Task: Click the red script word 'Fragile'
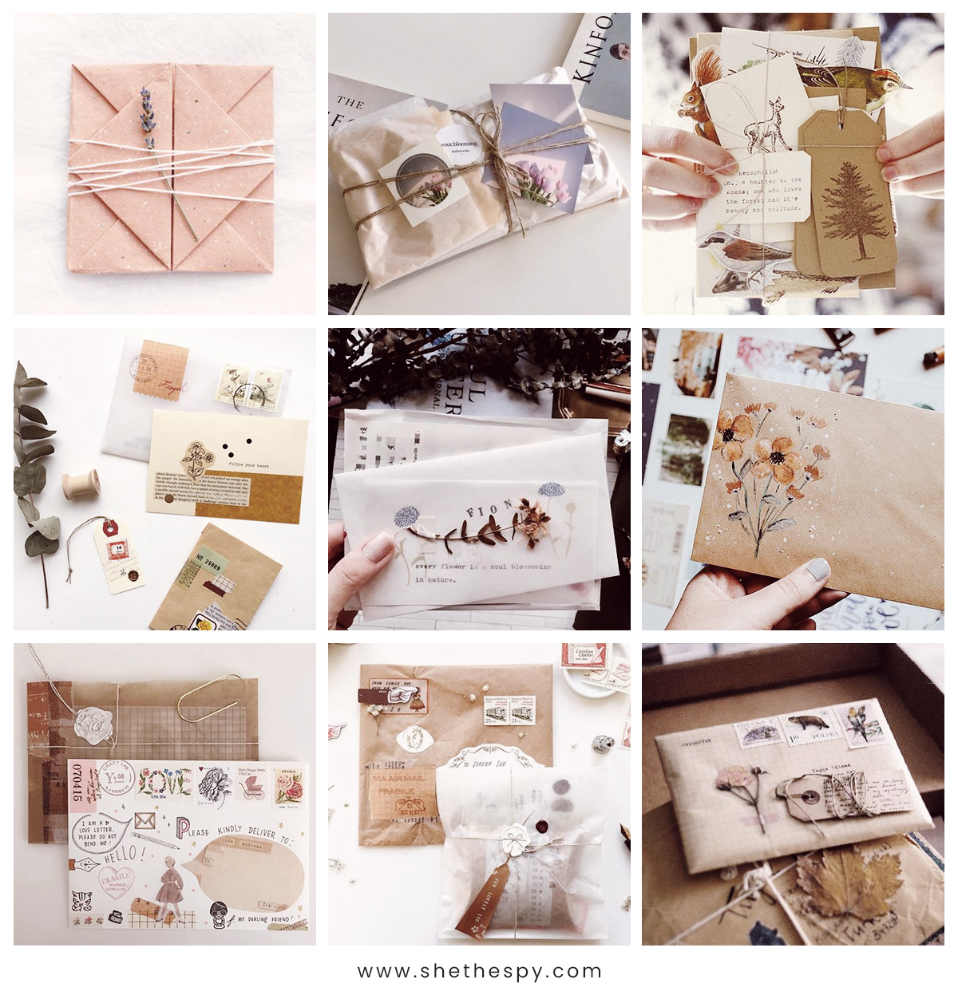[174, 388]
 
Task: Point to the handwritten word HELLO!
[119, 855]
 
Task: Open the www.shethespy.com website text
[479, 971]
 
